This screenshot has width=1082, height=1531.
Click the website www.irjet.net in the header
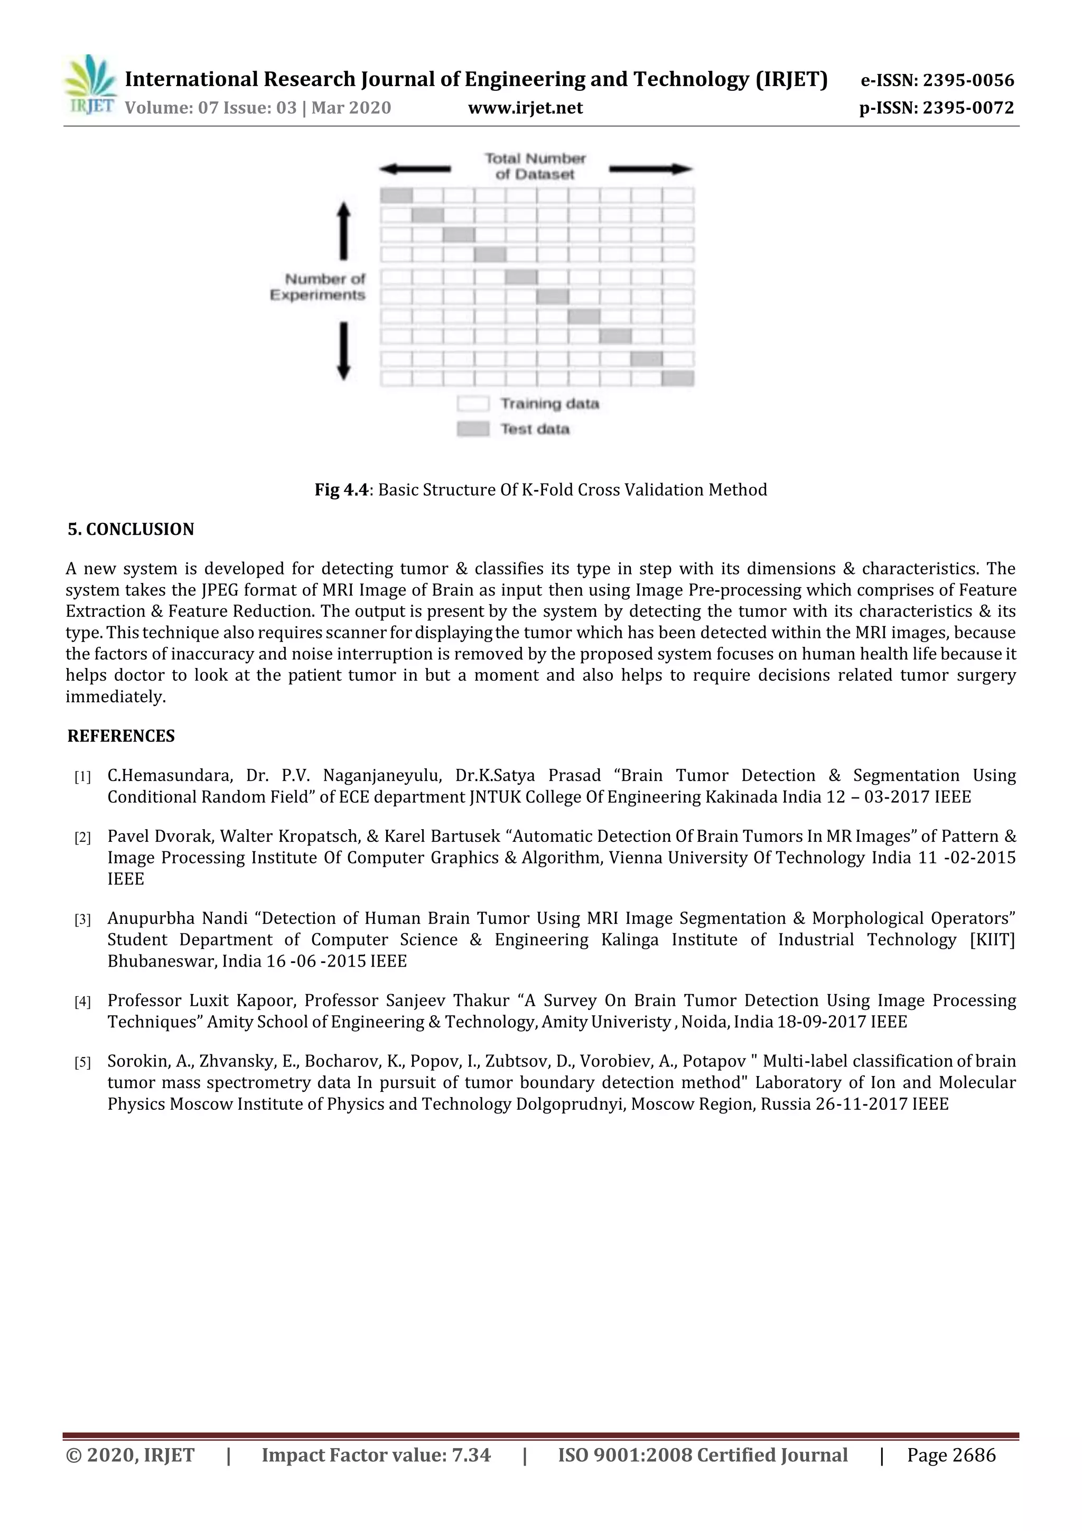[x=525, y=108]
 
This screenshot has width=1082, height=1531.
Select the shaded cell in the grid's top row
[x=397, y=196]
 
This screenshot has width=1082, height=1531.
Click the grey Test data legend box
[x=473, y=429]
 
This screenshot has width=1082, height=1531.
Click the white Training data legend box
[x=473, y=403]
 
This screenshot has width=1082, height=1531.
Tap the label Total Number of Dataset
[x=535, y=166]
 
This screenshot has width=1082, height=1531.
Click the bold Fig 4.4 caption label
[x=341, y=490]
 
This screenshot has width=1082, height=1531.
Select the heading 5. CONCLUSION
[x=130, y=530]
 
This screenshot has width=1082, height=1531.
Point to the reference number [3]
[x=82, y=920]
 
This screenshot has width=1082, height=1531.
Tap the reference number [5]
[x=82, y=1063]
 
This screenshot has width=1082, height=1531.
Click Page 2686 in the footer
[x=952, y=1454]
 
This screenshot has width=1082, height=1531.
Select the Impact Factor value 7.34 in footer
[x=471, y=1454]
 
